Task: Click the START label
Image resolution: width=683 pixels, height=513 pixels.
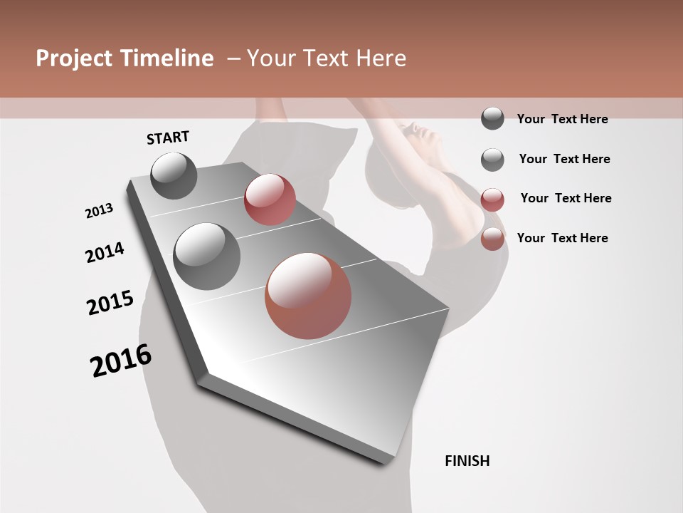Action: click(168, 138)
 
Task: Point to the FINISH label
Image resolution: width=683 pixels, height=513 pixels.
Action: click(467, 461)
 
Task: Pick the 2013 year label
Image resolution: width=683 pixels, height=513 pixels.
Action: click(99, 211)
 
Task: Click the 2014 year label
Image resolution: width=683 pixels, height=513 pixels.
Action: click(105, 253)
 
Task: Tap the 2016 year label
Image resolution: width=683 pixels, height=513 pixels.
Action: click(121, 361)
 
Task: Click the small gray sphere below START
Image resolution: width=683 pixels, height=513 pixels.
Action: click(174, 175)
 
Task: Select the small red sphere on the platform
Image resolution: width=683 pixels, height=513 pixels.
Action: click(270, 199)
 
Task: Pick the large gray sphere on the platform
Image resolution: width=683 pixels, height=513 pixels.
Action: click(206, 256)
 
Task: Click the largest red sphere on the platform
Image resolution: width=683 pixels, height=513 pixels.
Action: click(308, 296)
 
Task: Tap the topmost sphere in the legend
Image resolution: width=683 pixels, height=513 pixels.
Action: click(492, 119)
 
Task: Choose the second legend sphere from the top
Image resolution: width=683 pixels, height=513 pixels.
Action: click(492, 160)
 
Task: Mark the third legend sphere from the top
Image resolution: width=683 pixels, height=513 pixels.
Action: click(492, 199)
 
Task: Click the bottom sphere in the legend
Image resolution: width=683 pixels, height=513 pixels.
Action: click(492, 239)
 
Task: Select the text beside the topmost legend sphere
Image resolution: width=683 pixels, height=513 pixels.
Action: click(562, 120)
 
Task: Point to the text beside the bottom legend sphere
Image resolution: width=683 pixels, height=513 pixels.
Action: click(562, 238)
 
